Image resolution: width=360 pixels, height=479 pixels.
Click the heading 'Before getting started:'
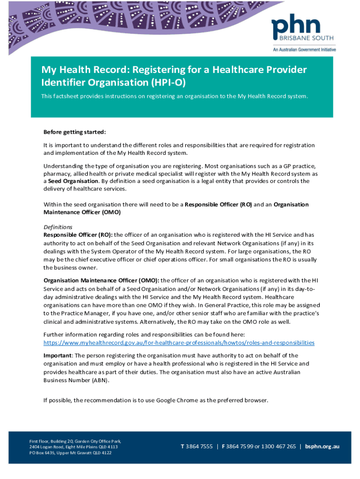(74, 132)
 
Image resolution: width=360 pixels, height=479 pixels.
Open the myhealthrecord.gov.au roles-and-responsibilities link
(179, 343)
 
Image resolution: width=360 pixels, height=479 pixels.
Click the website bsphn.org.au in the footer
(322, 446)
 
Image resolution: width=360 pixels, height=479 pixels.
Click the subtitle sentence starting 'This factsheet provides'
(174, 96)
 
